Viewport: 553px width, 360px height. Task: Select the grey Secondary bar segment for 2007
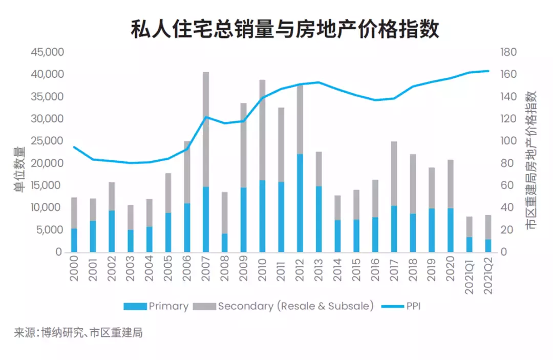pos(205,128)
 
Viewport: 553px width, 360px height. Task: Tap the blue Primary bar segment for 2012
pos(300,203)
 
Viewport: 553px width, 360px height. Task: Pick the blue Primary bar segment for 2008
pos(224,243)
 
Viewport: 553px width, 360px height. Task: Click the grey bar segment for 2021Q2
pos(488,227)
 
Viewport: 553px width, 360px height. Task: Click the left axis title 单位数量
pos(18,170)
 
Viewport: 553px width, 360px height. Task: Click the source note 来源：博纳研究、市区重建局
pos(78,333)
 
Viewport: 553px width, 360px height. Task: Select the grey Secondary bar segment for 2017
pos(394,173)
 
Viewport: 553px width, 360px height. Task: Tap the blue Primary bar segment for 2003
pos(130,241)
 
